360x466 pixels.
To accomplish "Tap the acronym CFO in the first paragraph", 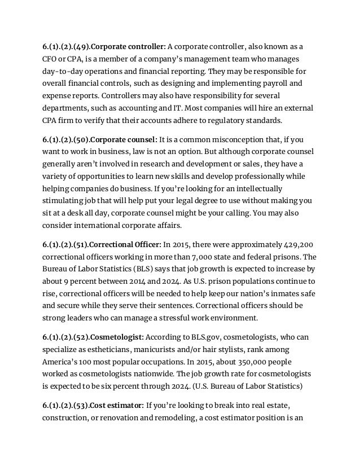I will tap(51, 59).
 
